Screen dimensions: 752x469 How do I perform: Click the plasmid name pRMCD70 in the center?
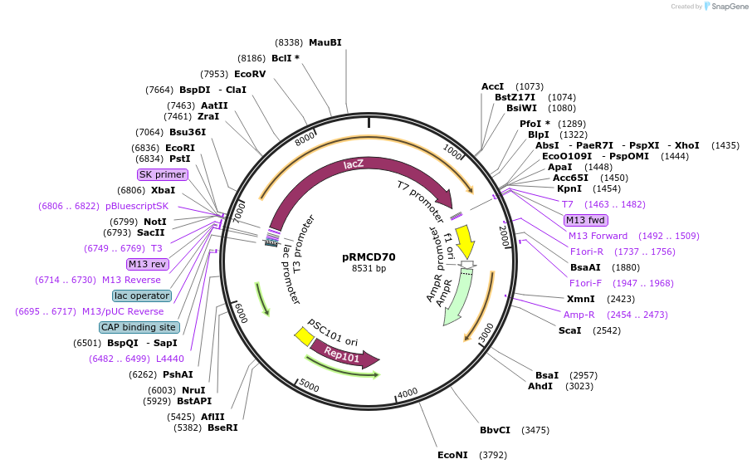coord(369,257)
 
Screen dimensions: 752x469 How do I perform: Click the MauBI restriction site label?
coord(325,42)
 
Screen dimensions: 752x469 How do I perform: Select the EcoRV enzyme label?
coord(250,75)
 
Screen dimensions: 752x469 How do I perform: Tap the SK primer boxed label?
coord(162,174)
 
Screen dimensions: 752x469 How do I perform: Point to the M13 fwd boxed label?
coord(586,220)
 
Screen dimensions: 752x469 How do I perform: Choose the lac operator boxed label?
coord(142,296)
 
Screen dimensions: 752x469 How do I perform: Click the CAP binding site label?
coord(139,328)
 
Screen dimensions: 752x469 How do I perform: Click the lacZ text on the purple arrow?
coord(354,164)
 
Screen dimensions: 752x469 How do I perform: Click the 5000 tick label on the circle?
coord(310,384)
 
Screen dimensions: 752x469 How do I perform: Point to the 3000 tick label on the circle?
coord(486,334)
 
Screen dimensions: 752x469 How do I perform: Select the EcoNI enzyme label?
coord(452,455)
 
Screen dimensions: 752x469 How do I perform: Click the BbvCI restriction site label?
coord(495,430)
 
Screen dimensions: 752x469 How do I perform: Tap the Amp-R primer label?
coord(579,315)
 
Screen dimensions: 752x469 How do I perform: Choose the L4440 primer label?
coord(170,359)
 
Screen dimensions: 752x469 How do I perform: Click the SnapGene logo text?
coord(730,7)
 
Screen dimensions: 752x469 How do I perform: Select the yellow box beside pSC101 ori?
coord(304,337)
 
